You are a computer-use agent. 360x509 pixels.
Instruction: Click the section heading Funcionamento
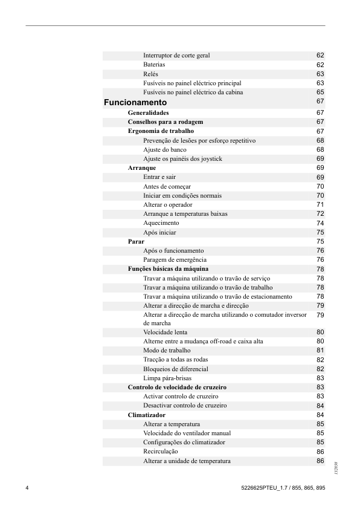(135, 103)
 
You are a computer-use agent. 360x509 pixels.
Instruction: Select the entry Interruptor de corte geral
(176, 56)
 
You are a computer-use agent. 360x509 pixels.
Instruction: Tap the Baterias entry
(154, 65)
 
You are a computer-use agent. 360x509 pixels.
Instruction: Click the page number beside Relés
(320, 74)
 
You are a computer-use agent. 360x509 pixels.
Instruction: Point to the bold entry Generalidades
(148, 112)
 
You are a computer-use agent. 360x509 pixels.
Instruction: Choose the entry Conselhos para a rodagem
(165, 122)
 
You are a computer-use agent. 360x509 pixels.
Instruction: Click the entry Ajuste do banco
(164, 149)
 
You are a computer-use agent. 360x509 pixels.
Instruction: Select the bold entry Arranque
(142, 167)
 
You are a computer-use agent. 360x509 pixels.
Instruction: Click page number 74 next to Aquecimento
(320, 223)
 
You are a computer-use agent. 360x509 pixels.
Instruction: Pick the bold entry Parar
(136, 241)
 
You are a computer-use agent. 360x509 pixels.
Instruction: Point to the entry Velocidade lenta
(165, 332)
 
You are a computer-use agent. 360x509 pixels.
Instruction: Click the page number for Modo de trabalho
(320, 351)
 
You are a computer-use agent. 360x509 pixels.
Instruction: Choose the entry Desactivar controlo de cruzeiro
(185, 406)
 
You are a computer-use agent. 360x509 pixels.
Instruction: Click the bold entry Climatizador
(147, 415)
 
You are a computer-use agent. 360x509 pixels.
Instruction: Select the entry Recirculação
(161, 452)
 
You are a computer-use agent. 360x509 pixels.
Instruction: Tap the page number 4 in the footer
(27, 487)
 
